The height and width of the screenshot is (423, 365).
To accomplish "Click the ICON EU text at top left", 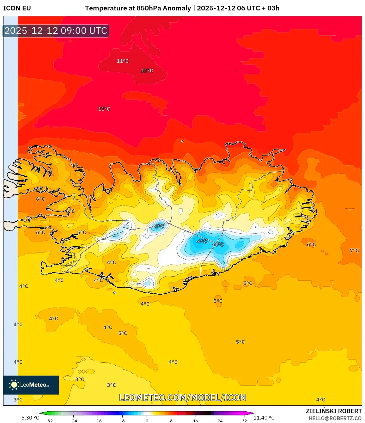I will pos(17,8).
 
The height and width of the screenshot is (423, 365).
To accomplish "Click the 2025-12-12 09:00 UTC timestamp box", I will pos(56,31).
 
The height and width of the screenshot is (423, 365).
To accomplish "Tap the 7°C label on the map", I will pos(354,250).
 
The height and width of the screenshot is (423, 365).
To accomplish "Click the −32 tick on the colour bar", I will pos(49,420).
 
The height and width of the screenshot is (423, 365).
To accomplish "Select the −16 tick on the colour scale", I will pos(98,420).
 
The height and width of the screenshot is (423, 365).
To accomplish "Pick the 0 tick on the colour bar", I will pos(147,420).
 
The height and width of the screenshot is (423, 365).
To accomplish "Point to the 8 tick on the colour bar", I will pos(171,420).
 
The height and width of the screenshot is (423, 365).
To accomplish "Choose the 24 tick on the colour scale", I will pos(220,420).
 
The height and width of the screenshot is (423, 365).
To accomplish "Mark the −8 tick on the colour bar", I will pos(122,420).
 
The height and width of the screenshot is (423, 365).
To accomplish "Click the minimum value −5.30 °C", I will pos(29,418).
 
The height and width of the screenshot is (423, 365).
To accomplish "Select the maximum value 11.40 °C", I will pos(264,418).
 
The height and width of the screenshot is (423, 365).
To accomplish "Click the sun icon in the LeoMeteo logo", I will pos(14,385).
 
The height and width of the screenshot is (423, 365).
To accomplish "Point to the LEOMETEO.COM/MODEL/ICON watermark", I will pos(183,397).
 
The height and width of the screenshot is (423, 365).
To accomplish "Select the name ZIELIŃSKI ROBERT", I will pos(333,411).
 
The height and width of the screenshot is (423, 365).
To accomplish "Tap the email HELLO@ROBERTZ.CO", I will pos(335,418).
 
